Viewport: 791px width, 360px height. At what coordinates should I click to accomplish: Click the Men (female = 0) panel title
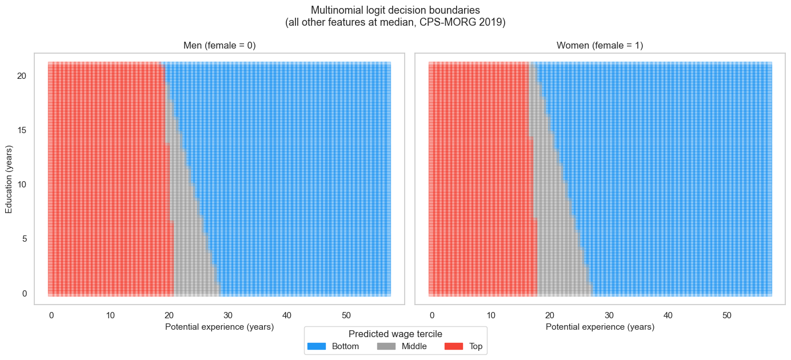tap(219, 46)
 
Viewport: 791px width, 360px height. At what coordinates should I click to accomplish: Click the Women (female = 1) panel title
tap(600, 46)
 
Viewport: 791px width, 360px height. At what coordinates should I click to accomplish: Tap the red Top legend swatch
tap(454, 346)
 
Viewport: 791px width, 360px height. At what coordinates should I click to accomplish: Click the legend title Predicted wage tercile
tap(395, 334)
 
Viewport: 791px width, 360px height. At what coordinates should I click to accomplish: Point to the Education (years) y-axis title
tap(10, 179)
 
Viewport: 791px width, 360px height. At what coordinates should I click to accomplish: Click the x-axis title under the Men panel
tap(219, 327)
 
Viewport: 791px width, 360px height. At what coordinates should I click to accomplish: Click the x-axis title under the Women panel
tap(600, 327)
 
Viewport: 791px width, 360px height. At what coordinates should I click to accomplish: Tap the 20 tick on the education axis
tap(25, 76)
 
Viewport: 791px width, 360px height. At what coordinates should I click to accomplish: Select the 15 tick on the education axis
tap(25, 130)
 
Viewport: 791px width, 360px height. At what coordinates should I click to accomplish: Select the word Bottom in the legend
tap(345, 346)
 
